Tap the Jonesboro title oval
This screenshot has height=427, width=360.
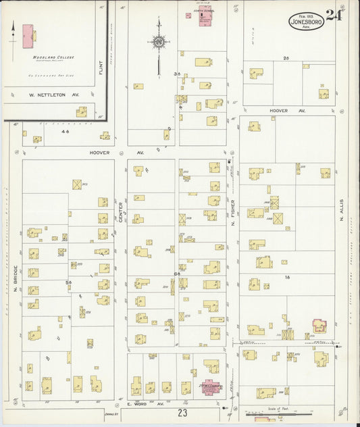click(307, 21)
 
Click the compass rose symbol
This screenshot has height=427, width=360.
click(158, 43)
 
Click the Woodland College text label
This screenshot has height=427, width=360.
click(48, 58)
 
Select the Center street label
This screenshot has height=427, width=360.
click(121, 212)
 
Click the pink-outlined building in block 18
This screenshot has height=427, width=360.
click(319, 326)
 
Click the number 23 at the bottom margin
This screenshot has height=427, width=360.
click(182, 411)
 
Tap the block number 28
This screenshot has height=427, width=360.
click(286, 58)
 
